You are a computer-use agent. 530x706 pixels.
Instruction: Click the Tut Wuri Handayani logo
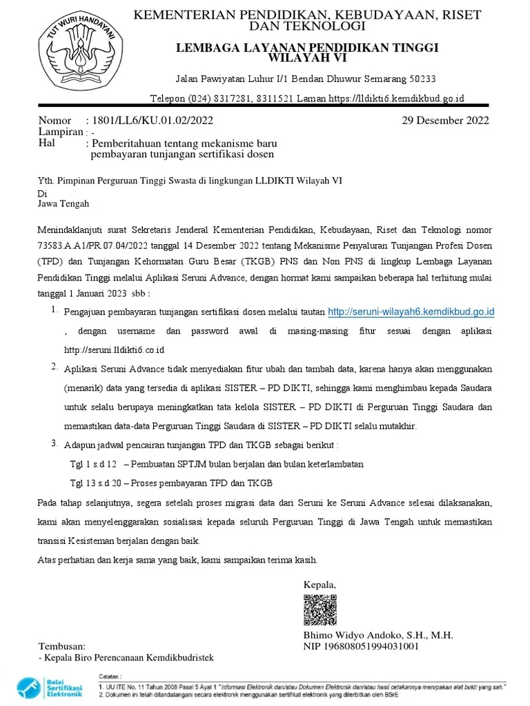77,53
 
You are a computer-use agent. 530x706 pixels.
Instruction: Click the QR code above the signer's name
320,608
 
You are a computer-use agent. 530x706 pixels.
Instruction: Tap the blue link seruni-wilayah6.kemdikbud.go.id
411,312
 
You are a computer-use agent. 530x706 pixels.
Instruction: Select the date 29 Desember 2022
445,121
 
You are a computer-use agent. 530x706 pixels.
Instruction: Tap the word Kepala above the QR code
320,585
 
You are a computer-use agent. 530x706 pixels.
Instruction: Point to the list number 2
55,367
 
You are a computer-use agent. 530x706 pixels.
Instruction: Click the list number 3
55,443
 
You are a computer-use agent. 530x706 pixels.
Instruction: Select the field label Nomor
55,121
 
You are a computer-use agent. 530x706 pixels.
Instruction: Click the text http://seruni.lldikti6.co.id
114,350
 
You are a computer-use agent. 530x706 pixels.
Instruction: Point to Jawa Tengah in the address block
63,204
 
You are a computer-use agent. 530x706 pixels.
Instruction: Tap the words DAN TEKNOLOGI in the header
307,26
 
